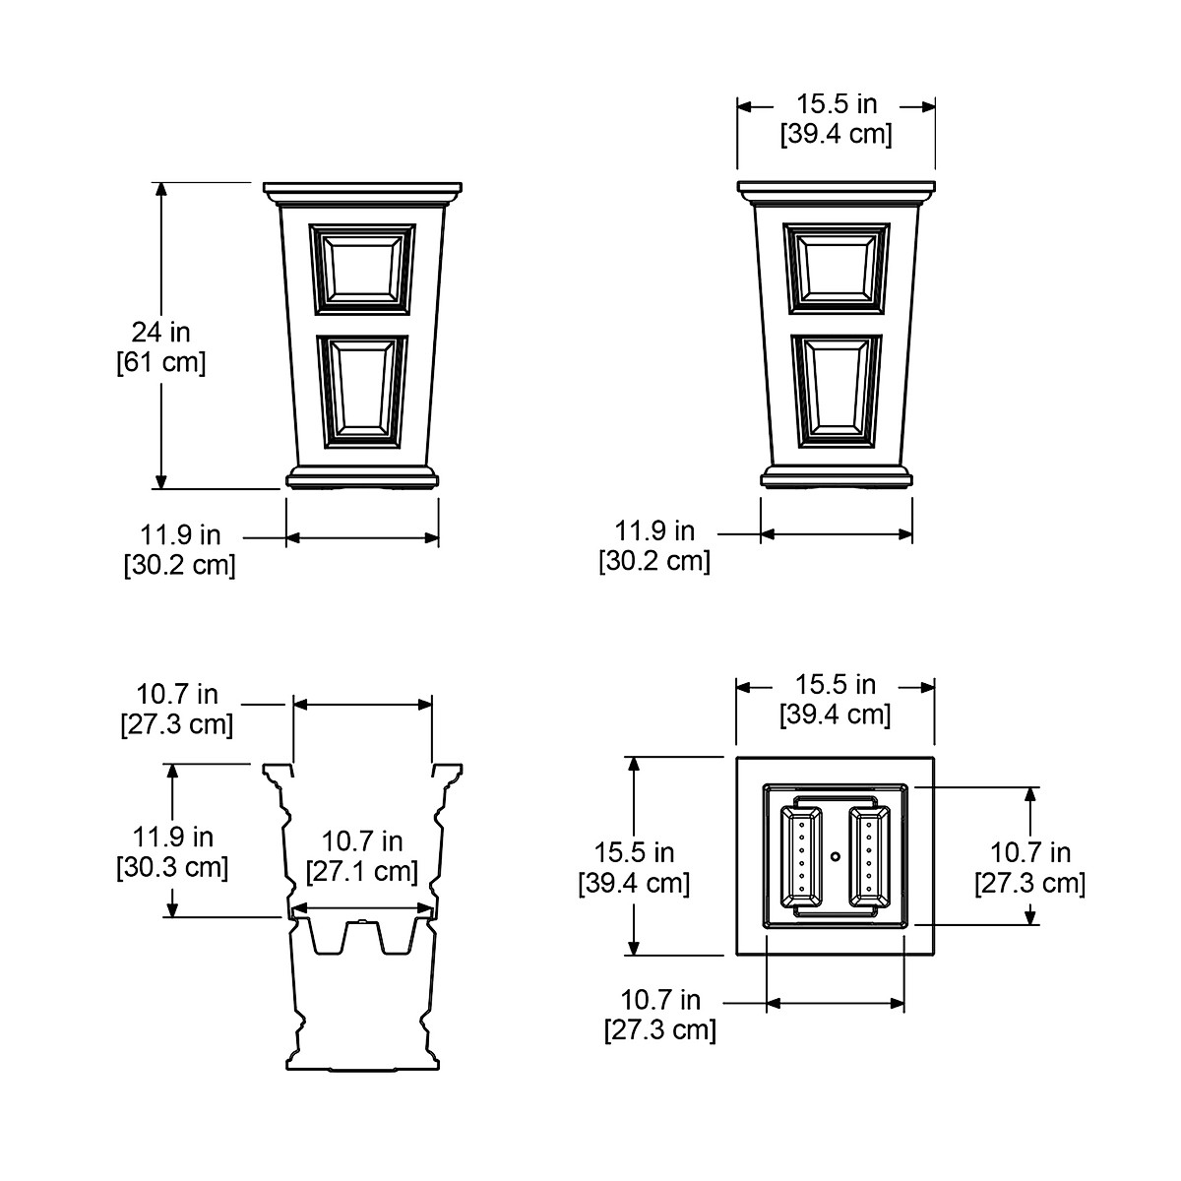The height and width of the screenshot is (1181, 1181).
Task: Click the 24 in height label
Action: [x=160, y=333]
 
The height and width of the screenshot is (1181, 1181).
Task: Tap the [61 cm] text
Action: [x=161, y=362]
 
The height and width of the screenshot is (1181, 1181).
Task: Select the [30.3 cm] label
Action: [x=172, y=867]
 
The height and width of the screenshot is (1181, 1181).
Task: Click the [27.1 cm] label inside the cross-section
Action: [x=362, y=871]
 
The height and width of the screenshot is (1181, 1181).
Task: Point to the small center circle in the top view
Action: [x=835, y=855]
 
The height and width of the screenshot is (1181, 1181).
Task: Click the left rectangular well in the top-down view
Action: [x=801, y=856]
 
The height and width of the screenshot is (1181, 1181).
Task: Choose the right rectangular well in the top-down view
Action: [x=869, y=856]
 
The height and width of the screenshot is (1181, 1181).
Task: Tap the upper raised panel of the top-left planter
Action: [x=362, y=270]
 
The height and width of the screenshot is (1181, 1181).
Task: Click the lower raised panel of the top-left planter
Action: [x=362, y=392]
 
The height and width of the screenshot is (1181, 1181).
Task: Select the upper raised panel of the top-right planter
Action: [x=837, y=269]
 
